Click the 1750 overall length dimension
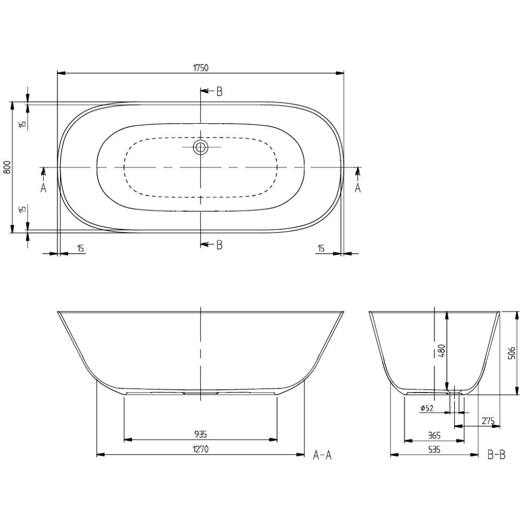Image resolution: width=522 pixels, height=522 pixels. coord(200,68)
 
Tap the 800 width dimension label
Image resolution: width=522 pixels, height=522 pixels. coord(7,167)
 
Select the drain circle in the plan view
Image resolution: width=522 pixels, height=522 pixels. coord(200,147)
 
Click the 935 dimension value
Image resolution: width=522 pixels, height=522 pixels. coord(200,434)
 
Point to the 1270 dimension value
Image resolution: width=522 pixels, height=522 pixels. coord(200,449)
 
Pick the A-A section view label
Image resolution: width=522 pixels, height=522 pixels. coord(322,455)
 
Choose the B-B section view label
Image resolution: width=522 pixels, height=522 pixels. coord(496,455)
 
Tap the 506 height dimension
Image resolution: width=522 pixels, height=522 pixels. coord(512,353)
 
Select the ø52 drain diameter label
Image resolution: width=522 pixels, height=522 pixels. coord(427,408)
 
